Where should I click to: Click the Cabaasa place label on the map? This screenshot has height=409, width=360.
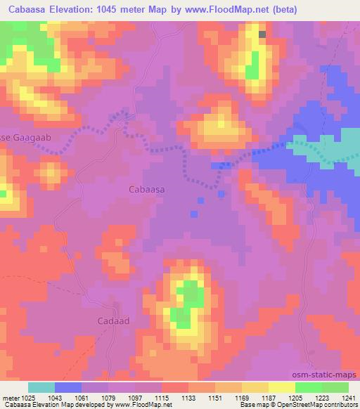[147, 189]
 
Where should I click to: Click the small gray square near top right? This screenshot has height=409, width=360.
[262, 34]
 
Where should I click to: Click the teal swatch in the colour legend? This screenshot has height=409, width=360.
[41, 387]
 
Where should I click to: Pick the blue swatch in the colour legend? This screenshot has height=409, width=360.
[68, 387]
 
